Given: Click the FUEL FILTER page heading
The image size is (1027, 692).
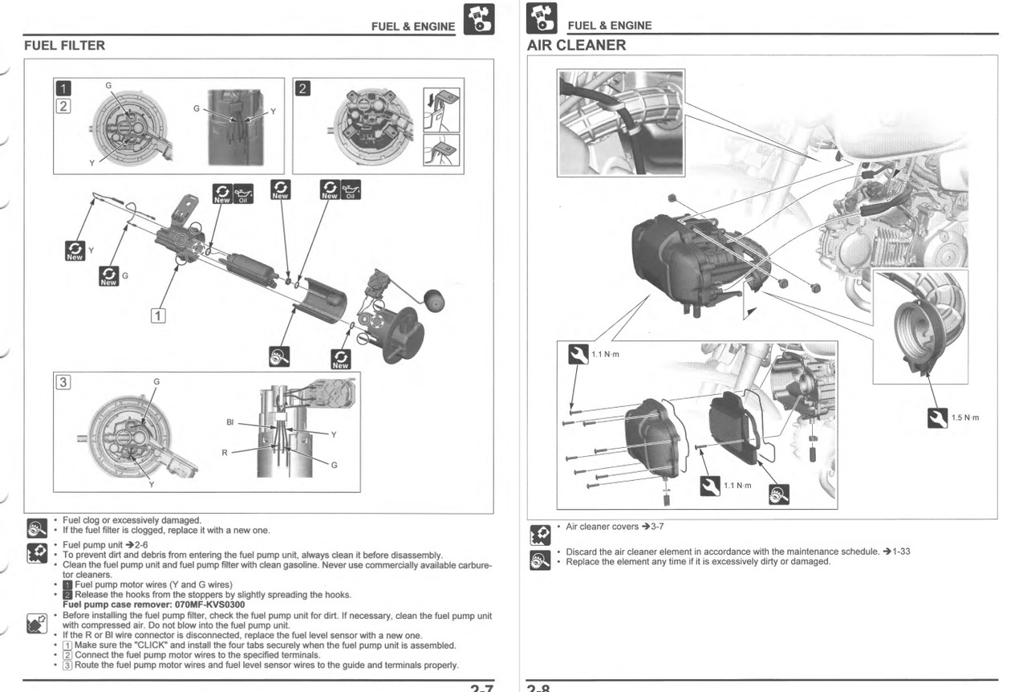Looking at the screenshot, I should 64,46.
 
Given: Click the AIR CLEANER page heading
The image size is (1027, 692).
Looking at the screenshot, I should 576,46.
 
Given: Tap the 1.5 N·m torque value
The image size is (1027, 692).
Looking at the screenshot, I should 964,417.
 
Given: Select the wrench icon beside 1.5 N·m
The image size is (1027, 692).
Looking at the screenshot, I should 937,417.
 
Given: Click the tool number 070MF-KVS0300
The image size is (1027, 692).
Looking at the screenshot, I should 205,604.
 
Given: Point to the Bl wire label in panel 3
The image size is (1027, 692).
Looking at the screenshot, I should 230,422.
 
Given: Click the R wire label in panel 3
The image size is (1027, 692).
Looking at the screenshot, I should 225,453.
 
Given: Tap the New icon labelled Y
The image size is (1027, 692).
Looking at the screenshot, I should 75,250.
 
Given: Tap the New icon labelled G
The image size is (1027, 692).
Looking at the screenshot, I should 108,276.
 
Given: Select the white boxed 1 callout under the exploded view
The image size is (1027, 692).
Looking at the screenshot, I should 159,315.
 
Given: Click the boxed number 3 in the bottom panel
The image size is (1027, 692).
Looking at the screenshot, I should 63,381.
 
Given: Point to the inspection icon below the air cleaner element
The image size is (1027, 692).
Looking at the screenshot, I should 778,495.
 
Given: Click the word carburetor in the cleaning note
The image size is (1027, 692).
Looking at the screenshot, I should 473,565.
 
